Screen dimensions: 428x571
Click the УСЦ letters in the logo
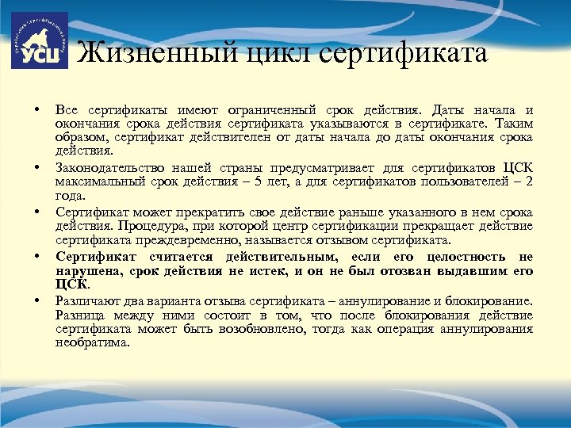(39, 55)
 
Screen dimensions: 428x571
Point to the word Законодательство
(110, 169)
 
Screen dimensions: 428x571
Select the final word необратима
(92, 342)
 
